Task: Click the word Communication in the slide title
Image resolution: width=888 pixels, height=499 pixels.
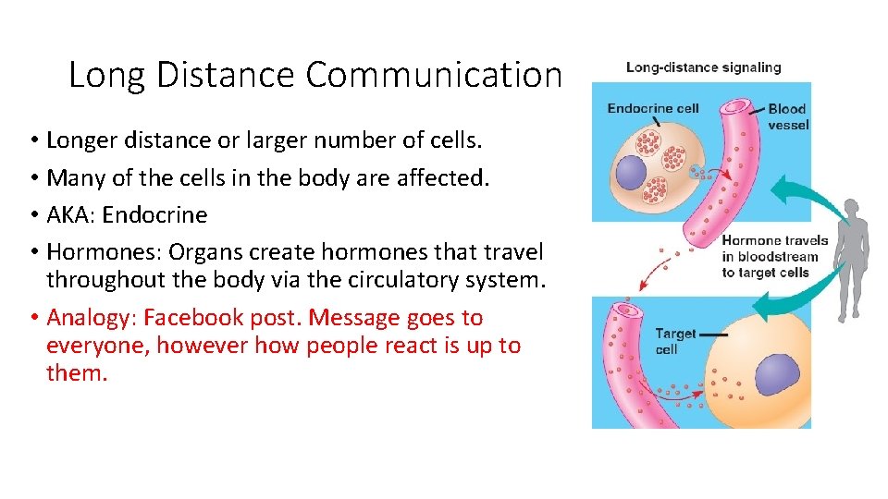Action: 434,75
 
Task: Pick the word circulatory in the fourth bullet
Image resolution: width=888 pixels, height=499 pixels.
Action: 396,279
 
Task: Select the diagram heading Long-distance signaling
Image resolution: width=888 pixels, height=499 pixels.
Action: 703,67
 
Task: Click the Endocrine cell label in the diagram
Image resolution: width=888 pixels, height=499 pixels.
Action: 652,108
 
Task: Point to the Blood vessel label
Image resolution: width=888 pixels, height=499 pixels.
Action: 787,116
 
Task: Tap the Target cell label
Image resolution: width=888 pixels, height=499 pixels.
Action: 675,341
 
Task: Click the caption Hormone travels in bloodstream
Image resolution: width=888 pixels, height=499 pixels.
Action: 774,256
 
